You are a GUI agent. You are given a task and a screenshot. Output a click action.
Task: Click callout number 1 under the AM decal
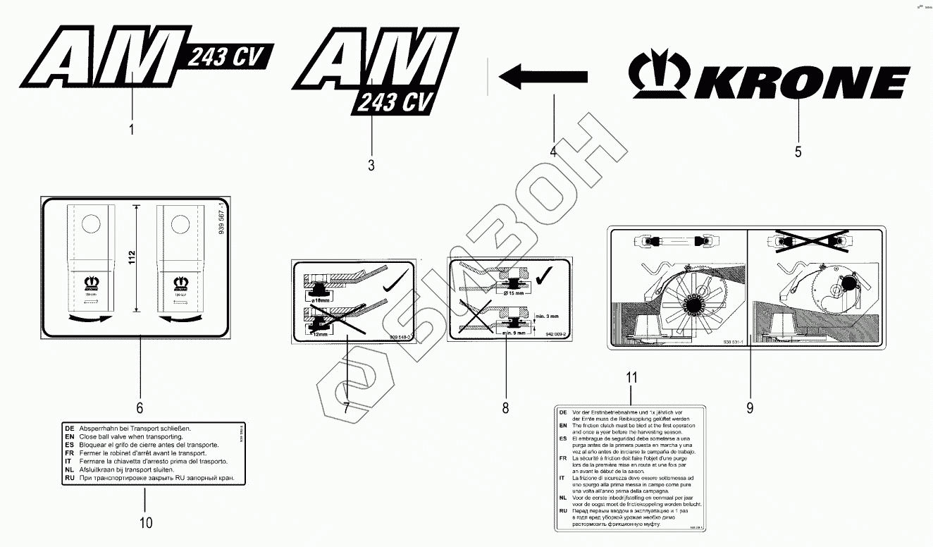[x=131, y=130]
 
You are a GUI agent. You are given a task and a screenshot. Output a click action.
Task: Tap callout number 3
[x=371, y=165]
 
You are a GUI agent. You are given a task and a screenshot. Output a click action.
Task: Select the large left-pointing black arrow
[x=542, y=75]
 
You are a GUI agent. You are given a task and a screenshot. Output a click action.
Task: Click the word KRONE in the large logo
[x=799, y=83]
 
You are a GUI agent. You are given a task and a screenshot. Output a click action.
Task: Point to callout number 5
[x=798, y=152]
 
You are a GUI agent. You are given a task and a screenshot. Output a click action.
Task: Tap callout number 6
[x=140, y=407]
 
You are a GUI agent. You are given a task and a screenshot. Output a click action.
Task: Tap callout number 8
[x=505, y=407]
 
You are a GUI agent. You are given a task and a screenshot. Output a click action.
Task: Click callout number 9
[x=749, y=407]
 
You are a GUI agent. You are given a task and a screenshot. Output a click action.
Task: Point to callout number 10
[x=145, y=522]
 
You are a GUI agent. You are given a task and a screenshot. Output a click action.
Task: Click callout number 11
[x=631, y=377]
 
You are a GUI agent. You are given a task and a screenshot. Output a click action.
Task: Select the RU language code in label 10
[x=69, y=478]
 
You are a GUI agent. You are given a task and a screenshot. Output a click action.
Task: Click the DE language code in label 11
[x=562, y=411]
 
